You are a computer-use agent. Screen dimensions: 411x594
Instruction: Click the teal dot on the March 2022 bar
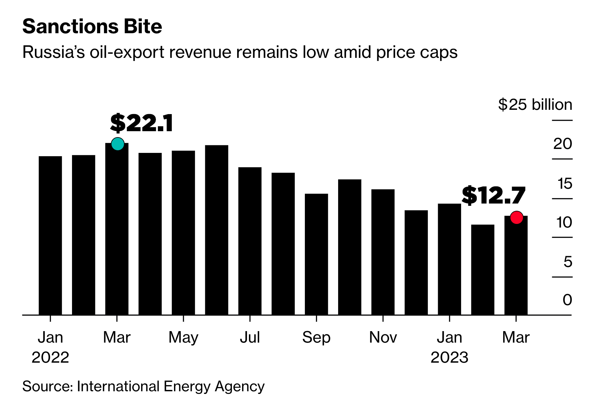pos(118,144)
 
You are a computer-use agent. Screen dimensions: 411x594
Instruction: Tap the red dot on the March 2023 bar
pos(516,217)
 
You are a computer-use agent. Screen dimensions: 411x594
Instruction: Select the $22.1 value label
pos(141,123)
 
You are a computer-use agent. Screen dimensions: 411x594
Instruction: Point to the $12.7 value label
pos(493,196)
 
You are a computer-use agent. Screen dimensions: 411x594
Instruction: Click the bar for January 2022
pos(50,235)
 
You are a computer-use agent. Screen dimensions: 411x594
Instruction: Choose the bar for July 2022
pos(250,241)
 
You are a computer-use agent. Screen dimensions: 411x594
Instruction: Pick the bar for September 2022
pos(316,254)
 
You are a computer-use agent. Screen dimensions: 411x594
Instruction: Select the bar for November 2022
pos(383,252)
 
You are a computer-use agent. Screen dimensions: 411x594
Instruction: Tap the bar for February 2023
pos(483,270)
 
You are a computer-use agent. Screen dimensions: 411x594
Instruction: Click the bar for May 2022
pos(183,233)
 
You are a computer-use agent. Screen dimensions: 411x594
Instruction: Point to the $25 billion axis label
pos(535,105)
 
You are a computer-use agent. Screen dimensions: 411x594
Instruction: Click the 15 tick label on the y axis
pos(565,183)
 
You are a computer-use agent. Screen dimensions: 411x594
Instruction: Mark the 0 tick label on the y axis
pos(567,300)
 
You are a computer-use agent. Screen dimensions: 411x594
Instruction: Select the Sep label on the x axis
pos(316,337)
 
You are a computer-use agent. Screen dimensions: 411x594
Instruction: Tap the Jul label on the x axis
pos(250,337)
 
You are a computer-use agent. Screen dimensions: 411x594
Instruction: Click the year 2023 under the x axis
pos(449,357)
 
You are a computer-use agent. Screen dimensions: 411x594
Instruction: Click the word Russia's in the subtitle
pos(54,52)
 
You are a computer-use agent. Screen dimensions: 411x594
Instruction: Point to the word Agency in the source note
pos(240,386)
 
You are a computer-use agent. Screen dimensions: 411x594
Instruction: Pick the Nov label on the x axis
pos(383,337)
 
